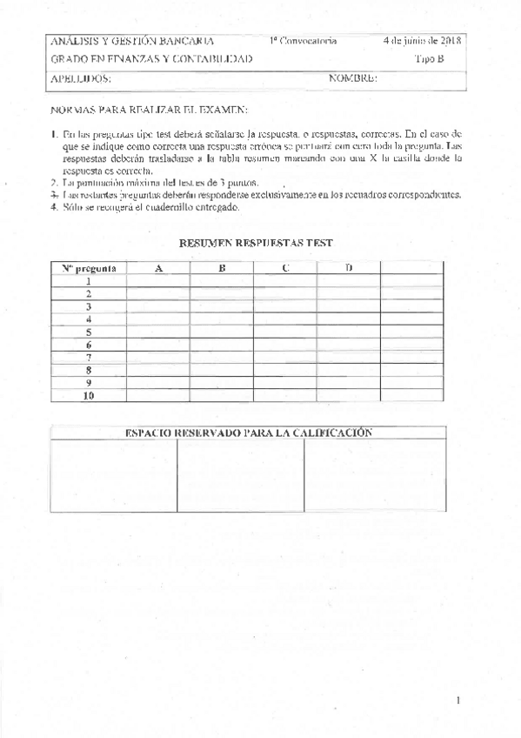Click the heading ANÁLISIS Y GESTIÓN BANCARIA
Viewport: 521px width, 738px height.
(120, 41)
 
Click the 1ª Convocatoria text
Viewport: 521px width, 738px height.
(303, 41)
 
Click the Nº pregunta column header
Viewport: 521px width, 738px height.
(89, 268)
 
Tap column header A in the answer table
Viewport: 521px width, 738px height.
(158, 268)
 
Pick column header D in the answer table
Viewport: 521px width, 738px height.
(349, 268)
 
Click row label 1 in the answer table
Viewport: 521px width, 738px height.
(89, 281)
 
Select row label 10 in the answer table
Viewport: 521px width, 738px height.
(89, 396)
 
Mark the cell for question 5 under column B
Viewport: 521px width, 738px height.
(222, 332)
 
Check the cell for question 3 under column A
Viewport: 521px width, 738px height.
(158, 306)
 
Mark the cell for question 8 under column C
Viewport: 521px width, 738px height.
(285, 370)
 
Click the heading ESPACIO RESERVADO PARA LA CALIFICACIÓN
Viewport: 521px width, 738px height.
(248, 433)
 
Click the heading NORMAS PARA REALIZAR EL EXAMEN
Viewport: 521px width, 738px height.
(150, 111)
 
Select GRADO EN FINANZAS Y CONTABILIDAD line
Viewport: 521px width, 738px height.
(152, 59)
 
